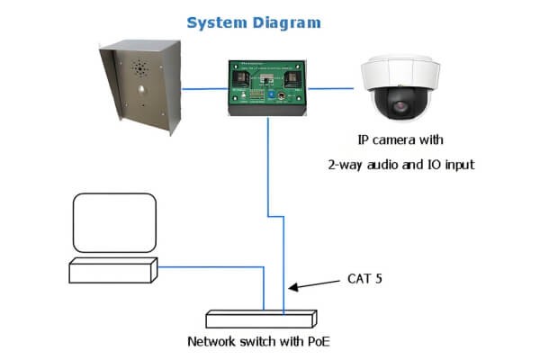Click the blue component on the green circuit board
pos(267,92)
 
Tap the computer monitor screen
pos(113,219)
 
